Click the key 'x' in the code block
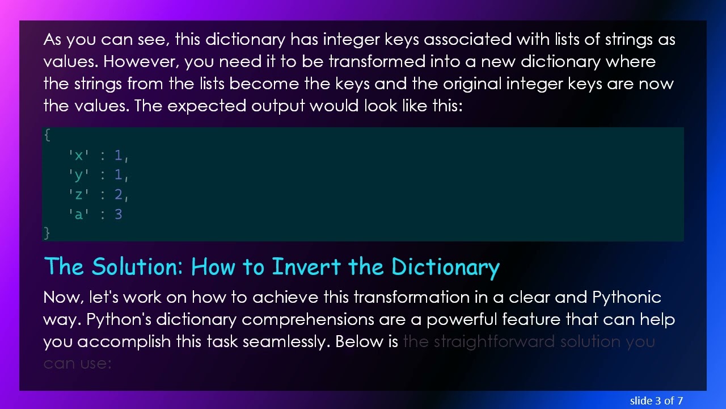(78, 155)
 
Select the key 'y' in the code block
(78, 175)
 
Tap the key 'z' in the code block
(78, 195)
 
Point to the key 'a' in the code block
(78, 214)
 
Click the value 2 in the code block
(118, 195)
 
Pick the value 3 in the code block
(118, 214)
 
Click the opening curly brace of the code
(47, 135)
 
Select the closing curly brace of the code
(47, 232)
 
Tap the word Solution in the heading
(136, 266)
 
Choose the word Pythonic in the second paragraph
(626, 298)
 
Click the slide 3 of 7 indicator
(656, 400)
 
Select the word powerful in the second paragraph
(462, 320)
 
